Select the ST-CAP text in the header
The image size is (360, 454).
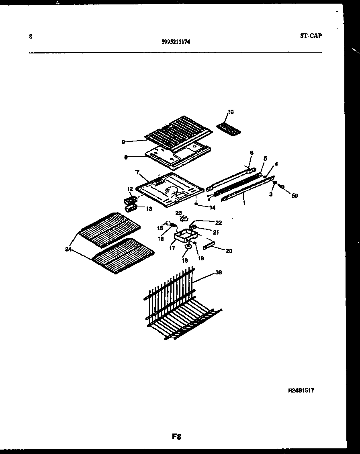(311, 35)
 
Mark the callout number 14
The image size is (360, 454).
(212, 208)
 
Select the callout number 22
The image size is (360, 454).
(218, 223)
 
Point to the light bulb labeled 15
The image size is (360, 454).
(168, 224)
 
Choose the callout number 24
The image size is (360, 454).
(68, 249)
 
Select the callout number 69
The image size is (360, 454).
(295, 195)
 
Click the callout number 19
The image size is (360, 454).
(200, 258)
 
